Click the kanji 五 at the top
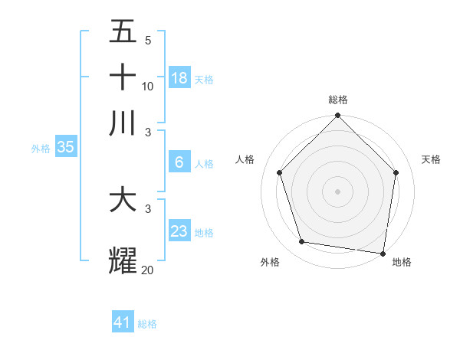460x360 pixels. tap(123, 32)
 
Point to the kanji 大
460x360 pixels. tap(123, 201)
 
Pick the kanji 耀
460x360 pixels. tap(123, 260)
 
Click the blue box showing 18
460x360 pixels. tap(179, 77)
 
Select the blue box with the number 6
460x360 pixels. tap(179, 162)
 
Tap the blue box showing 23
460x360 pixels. tap(179, 231)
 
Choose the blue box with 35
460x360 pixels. tap(65, 148)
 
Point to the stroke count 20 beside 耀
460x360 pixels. tap(147, 270)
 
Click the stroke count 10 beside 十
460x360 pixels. tap(147, 86)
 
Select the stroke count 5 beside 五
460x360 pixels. tap(147, 41)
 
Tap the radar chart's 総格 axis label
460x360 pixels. tap(338, 100)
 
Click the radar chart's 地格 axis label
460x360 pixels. tap(402, 262)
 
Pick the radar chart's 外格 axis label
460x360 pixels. tap(270, 262)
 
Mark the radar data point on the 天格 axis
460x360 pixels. tap(396, 172)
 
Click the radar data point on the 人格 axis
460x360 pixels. tap(280, 172)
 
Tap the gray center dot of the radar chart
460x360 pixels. tap(337, 191)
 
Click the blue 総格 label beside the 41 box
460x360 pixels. tap(147, 324)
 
